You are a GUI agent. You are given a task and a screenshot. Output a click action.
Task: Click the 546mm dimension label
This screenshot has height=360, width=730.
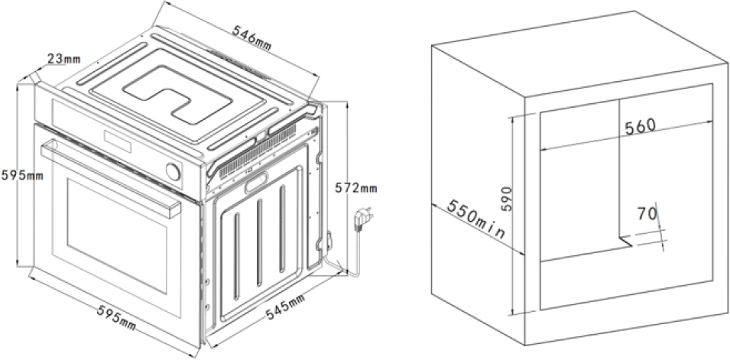point(251,37)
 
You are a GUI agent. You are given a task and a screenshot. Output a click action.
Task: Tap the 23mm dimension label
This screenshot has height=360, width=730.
point(63,59)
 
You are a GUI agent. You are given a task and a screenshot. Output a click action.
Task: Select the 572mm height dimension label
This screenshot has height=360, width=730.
point(356,188)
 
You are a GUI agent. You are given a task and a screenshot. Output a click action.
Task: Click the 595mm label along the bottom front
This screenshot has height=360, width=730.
point(116,318)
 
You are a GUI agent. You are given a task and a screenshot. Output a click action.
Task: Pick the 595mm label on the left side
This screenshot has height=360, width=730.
point(22,176)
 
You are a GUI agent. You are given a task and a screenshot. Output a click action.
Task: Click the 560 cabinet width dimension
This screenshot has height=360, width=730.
point(640,126)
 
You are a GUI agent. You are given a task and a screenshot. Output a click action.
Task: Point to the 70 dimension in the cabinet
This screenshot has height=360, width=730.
point(647,213)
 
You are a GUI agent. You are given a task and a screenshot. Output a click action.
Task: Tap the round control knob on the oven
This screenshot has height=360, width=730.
point(173,172)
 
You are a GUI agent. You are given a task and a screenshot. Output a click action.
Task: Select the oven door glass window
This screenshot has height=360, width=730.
point(117,235)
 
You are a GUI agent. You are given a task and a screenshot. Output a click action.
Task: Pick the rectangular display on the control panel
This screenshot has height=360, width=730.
point(118,141)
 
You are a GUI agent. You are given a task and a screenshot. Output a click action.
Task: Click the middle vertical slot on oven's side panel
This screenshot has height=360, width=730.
point(259,242)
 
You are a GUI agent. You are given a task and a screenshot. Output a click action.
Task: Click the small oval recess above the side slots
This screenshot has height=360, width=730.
point(257,182)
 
